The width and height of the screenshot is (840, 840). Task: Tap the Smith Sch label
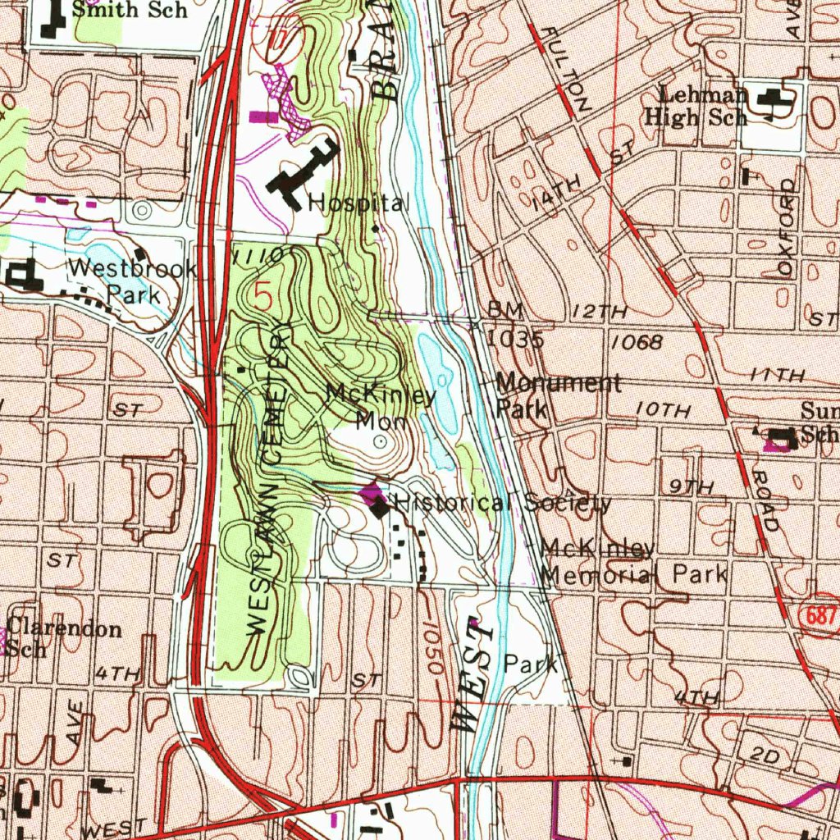pyautogui.click(x=129, y=10)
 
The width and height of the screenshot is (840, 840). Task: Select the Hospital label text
pyautogui.click(x=357, y=203)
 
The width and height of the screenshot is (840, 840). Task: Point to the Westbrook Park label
pyautogui.click(x=131, y=281)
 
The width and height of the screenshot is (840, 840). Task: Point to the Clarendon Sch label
pyautogui.click(x=64, y=637)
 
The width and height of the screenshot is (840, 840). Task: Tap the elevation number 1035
pyautogui.click(x=514, y=338)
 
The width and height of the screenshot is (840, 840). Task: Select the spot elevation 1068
pyautogui.click(x=637, y=342)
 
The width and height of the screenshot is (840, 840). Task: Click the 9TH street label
pyautogui.click(x=691, y=487)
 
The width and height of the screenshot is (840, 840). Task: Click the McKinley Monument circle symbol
pyautogui.click(x=380, y=442)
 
